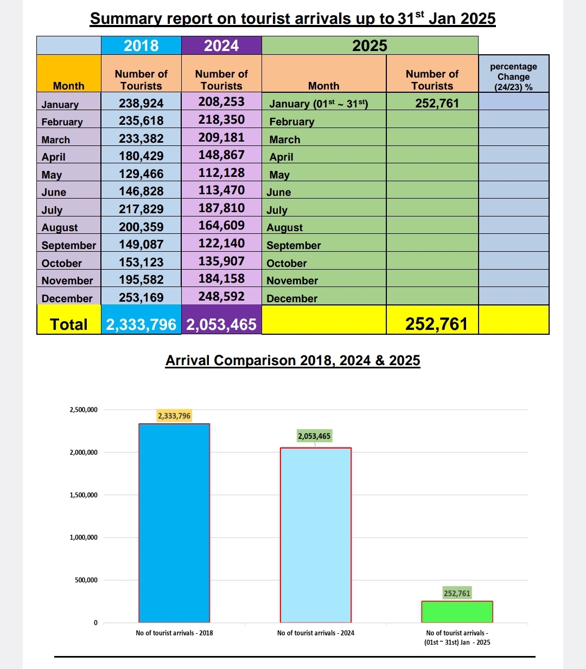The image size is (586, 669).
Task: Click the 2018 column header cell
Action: tap(141, 45)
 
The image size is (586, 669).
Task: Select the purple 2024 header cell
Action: tap(221, 45)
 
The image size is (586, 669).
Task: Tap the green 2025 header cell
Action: tap(370, 45)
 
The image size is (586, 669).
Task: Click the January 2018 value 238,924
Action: tap(141, 103)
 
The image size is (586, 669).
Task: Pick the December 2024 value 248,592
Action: tap(221, 297)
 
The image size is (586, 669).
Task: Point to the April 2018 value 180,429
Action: tap(141, 156)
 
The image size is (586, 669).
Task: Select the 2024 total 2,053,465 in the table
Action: tap(221, 324)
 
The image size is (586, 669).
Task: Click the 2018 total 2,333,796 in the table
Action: tap(141, 324)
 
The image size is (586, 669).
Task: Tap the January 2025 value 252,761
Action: tap(437, 103)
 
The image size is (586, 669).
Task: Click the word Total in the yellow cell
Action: tap(69, 324)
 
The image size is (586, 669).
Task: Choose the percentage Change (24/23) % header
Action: tap(513, 77)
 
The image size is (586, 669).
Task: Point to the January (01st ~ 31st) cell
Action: tap(319, 104)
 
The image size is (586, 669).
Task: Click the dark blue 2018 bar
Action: tap(174, 523)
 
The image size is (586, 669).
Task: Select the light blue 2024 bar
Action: tap(316, 535)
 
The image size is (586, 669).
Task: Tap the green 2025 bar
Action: tap(457, 612)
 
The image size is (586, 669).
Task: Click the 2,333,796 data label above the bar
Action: tap(174, 416)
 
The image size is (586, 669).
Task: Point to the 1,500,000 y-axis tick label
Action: tap(84, 495)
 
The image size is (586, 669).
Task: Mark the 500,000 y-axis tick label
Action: tap(86, 580)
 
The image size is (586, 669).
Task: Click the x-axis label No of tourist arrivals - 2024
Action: tap(316, 633)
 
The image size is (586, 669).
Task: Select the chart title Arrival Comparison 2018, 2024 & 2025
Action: tap(292, 360)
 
